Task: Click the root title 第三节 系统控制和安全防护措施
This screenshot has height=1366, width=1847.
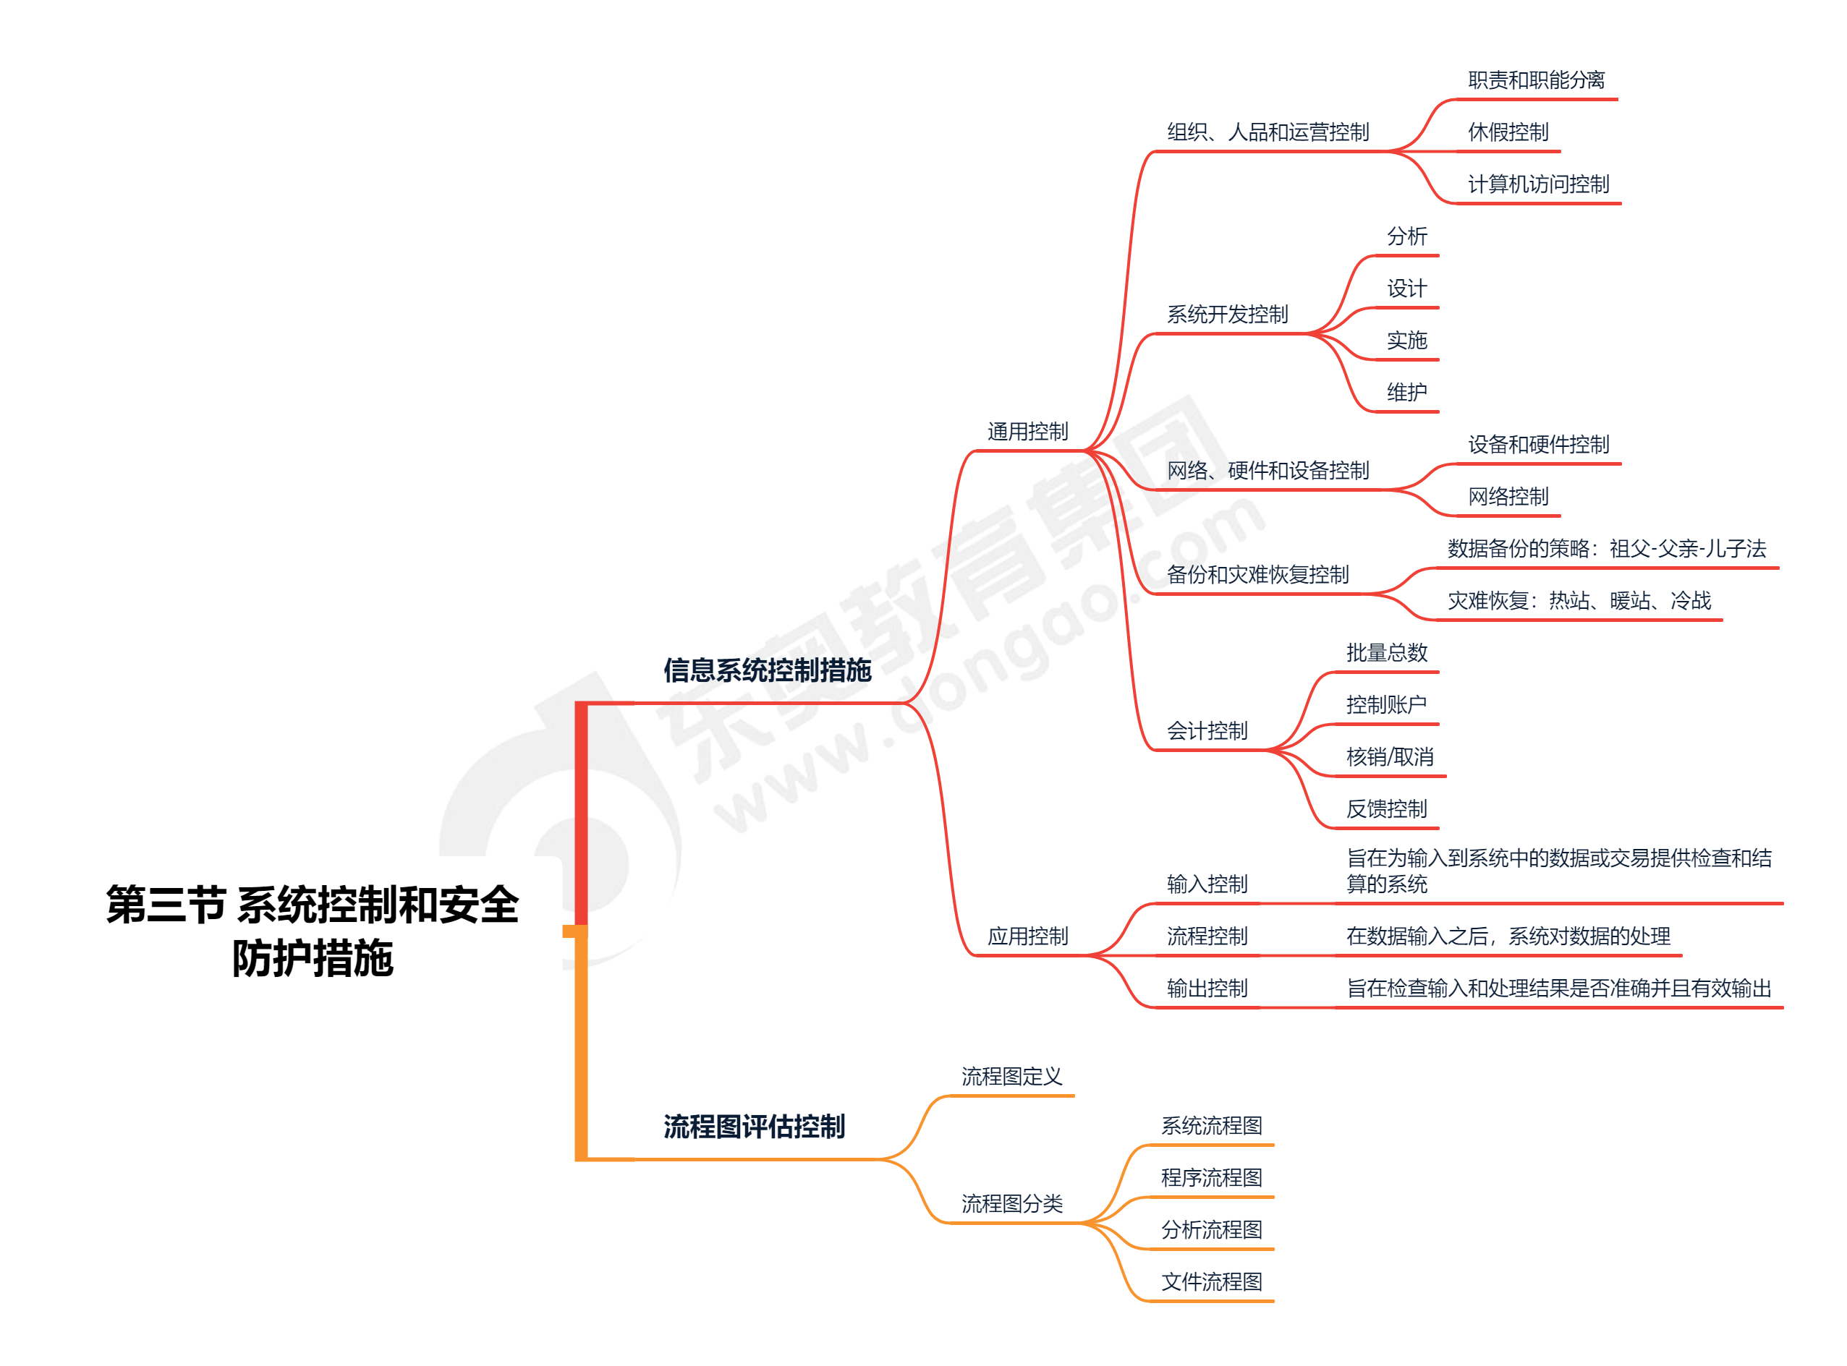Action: [x=312, y=930]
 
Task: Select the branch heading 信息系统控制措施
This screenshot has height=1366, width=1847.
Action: [x=767, y=670]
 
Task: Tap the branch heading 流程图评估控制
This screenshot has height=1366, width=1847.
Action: [x=754, y=1126]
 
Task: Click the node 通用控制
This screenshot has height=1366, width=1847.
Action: [x=1027, y=432]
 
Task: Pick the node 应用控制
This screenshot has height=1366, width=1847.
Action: [x=1027, y=936]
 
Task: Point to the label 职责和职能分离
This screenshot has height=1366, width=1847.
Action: [x=1536, y=80]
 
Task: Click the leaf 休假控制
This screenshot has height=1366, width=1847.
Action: [x=1508, y=132]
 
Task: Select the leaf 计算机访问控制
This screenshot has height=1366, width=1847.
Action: [x=1539, y=184]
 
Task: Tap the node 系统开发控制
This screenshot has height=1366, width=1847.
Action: [x=1228, y=315]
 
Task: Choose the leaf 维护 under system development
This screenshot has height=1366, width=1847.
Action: [x=1406, y=392]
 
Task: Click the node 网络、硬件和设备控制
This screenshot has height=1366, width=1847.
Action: [x=1268, y=471]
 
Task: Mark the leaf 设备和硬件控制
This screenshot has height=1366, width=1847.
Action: [x=1539, y=445]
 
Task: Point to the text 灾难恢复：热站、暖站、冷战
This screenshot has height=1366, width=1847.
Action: [x=1579, y=600]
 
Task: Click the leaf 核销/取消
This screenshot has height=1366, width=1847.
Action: [x=1390, y=756]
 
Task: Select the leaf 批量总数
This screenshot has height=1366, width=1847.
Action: [x=1386, y=652]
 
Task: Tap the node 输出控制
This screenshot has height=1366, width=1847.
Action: [x=1207, y=988]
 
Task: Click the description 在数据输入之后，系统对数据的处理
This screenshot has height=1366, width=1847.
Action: [x=1508, y=936]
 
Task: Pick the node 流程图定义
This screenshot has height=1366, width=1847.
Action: [x=1011, y=1077]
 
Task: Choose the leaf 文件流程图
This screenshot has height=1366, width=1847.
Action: [x=1211, y=1281]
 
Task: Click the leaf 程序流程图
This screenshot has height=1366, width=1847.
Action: [x=1211, y=1177]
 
